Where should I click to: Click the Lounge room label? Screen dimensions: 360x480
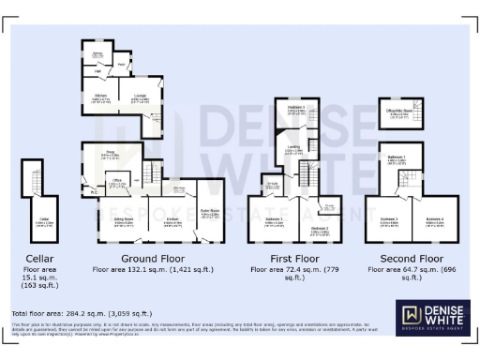point(140,95)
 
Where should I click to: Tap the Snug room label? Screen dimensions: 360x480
point(110,155)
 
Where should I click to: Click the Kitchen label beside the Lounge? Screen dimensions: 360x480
point(99,97)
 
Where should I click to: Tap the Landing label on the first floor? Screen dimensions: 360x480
point(293,148)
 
